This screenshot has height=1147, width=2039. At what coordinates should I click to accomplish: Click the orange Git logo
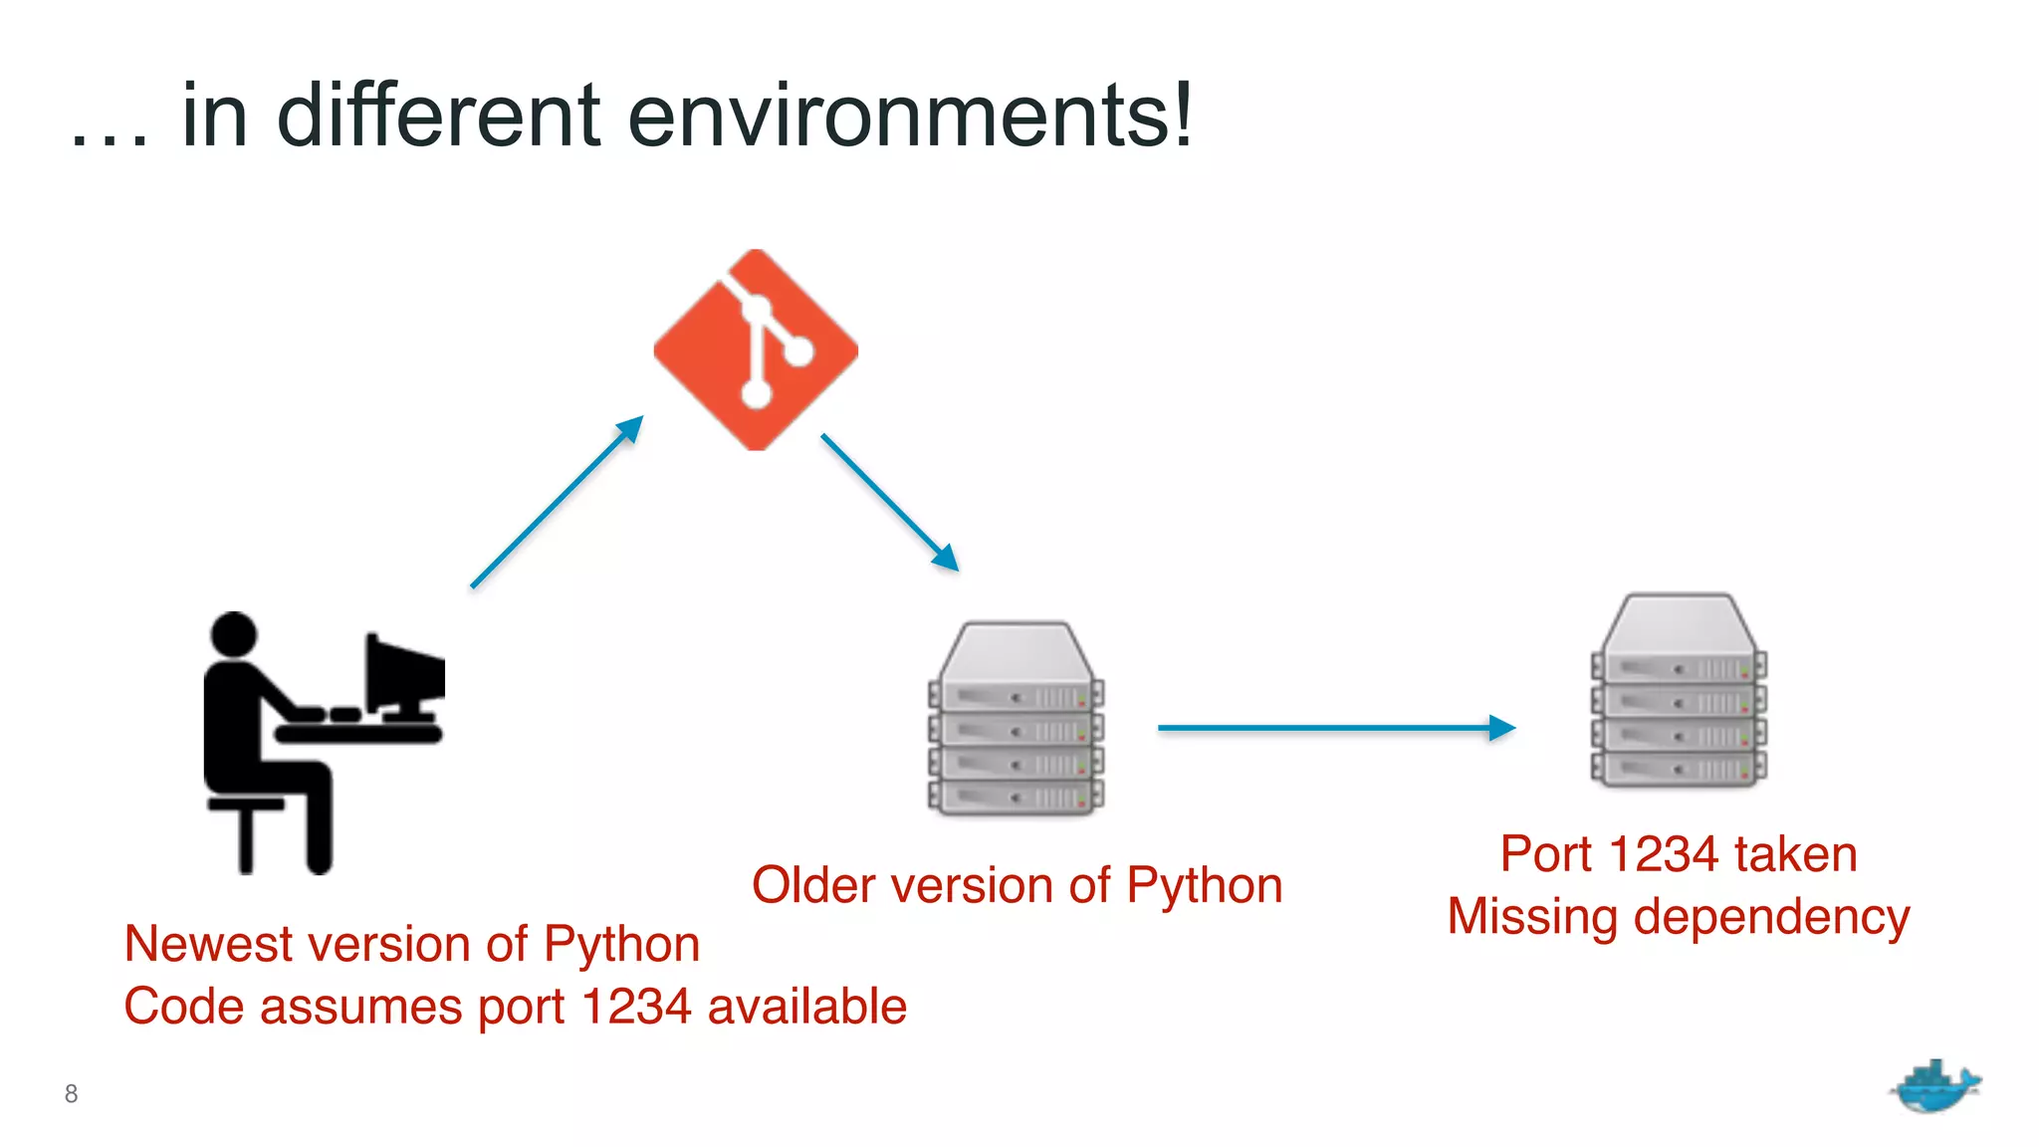pyautogui.click(x=756, y=349)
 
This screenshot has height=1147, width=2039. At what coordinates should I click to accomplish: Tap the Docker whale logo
pyautogui.click(x=1934, y=1086)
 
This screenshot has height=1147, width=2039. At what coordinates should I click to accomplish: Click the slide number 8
pyautogui.click(x=71, y=1093)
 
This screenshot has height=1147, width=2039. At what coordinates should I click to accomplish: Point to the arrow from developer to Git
pyautogui.click(x=557, y=502)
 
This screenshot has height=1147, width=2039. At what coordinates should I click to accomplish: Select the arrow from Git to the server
pyautogui.click(x=889, y=502)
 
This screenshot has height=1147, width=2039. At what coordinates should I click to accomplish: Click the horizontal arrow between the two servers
pyautogui.click(x=1335, y=728)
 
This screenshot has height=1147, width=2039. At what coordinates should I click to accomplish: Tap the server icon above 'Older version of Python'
pyautogui.click(x=1016, y=719)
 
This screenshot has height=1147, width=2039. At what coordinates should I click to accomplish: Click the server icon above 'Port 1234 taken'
pyautogui.click(x=1679, y=691)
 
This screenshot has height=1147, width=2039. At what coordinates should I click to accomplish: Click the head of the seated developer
pyautogui.click(x=234, y=634)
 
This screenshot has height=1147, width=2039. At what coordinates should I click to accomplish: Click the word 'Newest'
pyautogui.click(x=190, y=944)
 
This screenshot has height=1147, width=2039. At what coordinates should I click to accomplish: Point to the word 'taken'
pyautogui.click(x=1795, y=854)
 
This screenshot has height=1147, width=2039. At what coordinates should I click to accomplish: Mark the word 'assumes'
pyautogui.click(x=361, y=1007)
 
